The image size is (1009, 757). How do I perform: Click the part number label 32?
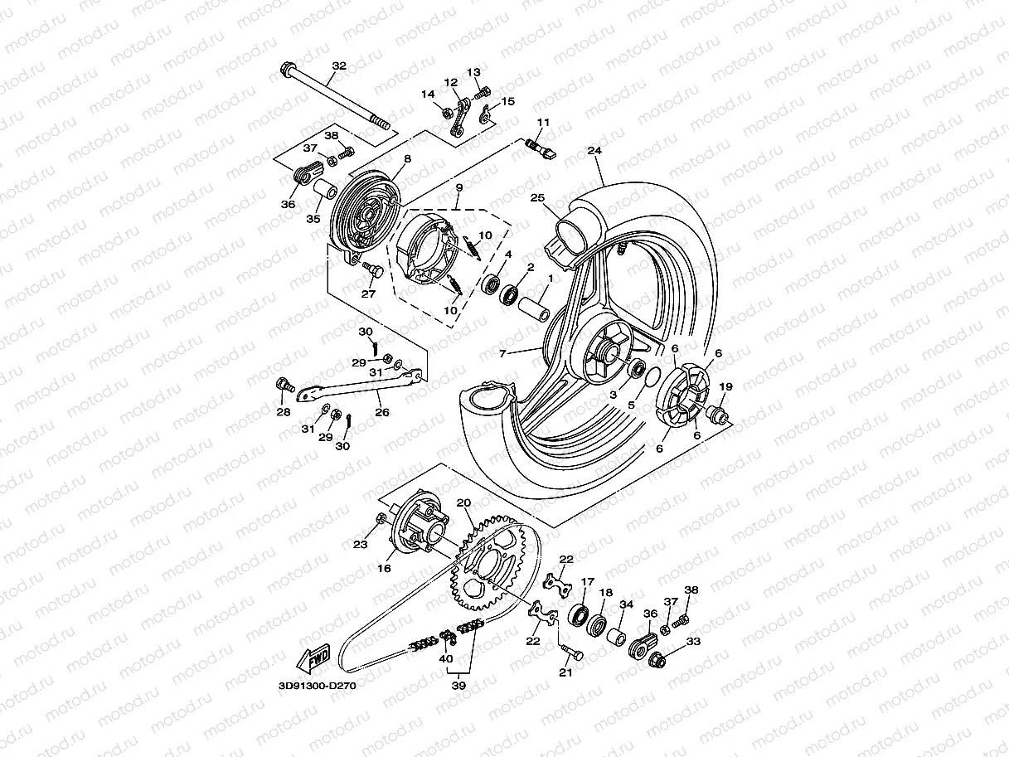338,66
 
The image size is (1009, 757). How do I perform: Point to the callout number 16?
384,569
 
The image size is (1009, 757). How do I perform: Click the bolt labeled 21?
571,653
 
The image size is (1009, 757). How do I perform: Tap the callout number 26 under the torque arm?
381,412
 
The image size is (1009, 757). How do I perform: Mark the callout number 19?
726,386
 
